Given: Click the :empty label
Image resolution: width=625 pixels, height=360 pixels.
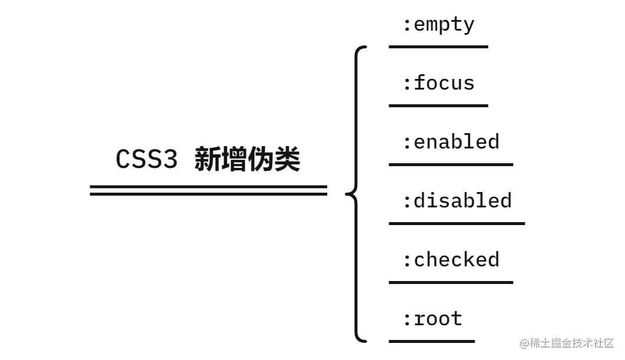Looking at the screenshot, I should click(438, 25).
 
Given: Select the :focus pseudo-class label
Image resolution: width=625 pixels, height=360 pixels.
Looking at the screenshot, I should click(438, 83).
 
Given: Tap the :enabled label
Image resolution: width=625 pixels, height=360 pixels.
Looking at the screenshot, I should click(450, 142).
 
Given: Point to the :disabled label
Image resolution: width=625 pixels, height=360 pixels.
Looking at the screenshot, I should click(456, 201).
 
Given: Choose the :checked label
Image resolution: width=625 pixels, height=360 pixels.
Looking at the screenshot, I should click(450, 260).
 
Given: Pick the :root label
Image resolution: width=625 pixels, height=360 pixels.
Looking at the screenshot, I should click(432, 319).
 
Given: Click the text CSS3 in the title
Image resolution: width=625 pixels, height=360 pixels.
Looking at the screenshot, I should click(146, 160).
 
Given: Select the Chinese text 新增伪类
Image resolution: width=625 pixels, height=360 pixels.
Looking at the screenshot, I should click(247, 160).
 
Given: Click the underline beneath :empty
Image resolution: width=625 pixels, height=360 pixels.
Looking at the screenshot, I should click(438, 47).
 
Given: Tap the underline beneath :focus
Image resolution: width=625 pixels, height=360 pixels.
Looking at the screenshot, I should click(438, 105).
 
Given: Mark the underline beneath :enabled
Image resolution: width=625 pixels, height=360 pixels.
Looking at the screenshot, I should click(450, 164).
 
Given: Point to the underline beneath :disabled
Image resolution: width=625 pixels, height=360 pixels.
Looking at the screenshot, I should click(456, 223).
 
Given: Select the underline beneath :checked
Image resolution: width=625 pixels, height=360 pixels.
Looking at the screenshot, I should click(450, 282).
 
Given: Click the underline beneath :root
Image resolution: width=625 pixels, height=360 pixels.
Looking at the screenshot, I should click(432, 341).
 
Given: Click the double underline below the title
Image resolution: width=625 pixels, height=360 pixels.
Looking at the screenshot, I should click(208, 190).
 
